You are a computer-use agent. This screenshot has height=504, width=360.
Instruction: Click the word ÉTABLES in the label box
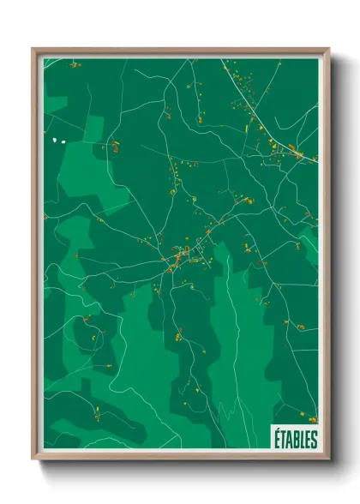(296, 440)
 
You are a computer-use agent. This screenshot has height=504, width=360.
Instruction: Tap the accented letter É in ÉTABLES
(277, 439)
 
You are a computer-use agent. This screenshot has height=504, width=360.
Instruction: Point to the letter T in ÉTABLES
(283, 440)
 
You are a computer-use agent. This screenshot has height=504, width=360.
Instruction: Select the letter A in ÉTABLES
(289, 440)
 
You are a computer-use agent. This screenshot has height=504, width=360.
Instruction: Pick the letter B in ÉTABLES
(296, 440)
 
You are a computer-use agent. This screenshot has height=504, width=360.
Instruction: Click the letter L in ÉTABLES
(302, 440)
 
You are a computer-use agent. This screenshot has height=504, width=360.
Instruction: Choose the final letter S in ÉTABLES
(314, 440)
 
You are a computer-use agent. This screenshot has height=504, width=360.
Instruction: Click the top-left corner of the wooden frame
(33, 50)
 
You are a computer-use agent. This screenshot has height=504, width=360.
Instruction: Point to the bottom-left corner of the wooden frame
(33, 459)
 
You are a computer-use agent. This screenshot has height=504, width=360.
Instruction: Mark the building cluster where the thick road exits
(296, 153)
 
